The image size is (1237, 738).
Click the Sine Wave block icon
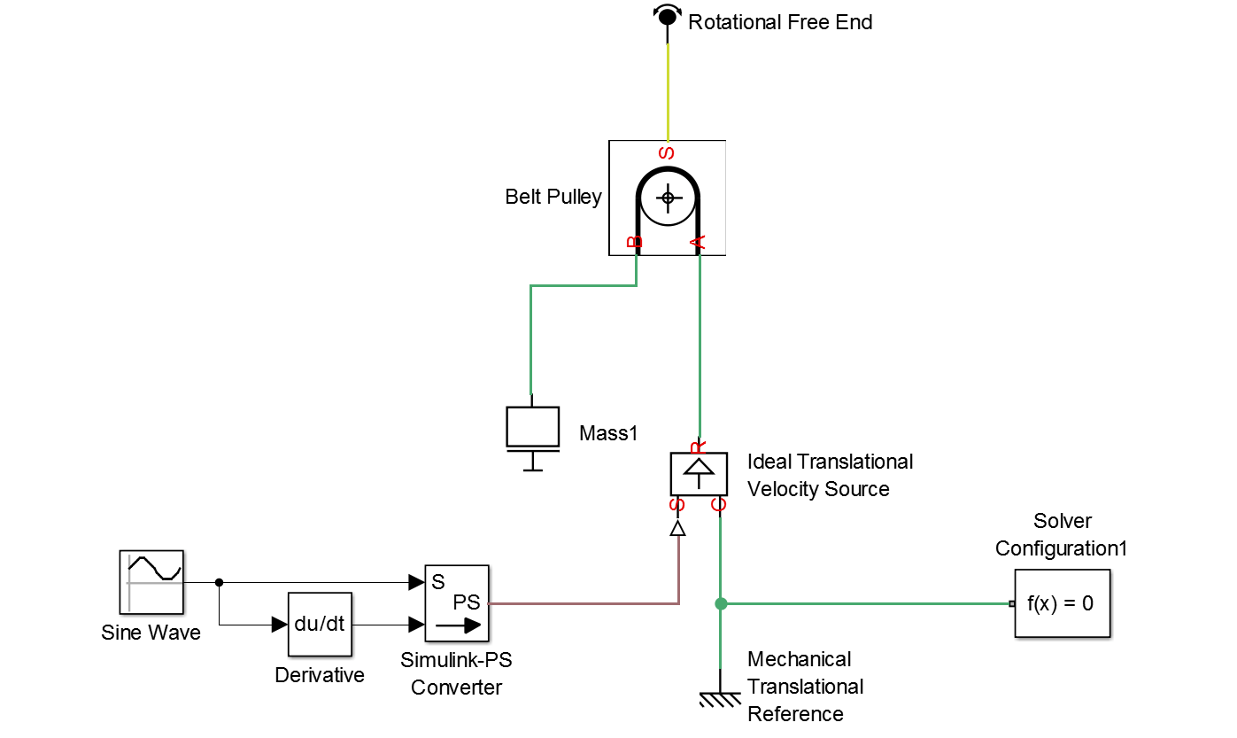(x=151, y=582)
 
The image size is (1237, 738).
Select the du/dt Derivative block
(x=320, y=625)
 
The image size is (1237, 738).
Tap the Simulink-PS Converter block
(x=457, y=602)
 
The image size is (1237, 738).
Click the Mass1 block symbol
(x=533, y=433)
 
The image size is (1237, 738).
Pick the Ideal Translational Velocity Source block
(x=699, y=474)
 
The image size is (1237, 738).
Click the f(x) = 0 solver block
(x=1062, y=603)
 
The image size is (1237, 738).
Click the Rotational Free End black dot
(x=667, y=16)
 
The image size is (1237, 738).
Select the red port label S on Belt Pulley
(x=667, y=153)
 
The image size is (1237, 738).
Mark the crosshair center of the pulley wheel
(x=668, y=198)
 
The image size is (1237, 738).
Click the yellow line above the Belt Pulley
(x=668, y=92)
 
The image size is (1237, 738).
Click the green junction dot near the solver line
(x=720, y=603)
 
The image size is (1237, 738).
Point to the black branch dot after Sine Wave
(x=220, y=582)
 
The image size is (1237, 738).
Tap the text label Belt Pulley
(x=553, y=197)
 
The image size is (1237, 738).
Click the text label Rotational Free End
(x=780, y=22)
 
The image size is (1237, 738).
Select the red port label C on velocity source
(x=718, y=504)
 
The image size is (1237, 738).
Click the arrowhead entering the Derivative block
(x=280, y=625)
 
